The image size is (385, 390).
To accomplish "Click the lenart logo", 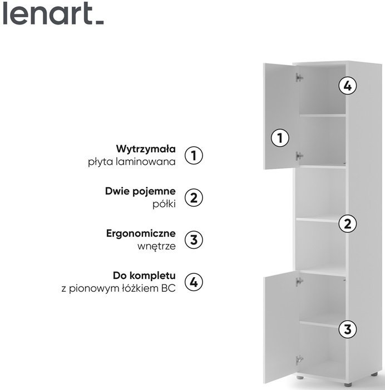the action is click(53, 13).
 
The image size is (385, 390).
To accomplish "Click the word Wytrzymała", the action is click(146, 149).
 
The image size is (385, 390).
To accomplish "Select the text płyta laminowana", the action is click(132, 162).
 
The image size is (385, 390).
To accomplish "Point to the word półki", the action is click(164, 204).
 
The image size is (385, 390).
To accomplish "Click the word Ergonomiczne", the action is click(141, 234).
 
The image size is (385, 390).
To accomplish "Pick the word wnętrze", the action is click(157, 247).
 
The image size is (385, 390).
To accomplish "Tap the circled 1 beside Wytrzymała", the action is click(194, 156).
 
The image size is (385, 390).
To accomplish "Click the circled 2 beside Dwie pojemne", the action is click(194, 198).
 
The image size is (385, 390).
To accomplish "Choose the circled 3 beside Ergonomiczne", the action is click(194, 240).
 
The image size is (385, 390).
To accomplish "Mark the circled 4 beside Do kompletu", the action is click(194, 282).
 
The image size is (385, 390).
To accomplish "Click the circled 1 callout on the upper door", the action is click(280, 138).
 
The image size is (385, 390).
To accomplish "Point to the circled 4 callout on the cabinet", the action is click(348, 86).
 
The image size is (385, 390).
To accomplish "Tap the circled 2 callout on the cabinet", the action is click(348, 223).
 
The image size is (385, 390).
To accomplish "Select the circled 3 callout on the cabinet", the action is click(348, 329).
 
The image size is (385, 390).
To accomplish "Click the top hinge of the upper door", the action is click(299, 78).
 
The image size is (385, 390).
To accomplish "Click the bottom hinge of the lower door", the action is click(299, 359).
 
